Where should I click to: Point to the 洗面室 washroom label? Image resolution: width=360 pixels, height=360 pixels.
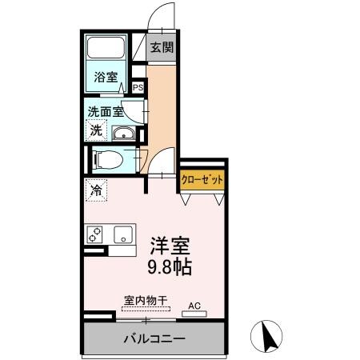tap(106, 112)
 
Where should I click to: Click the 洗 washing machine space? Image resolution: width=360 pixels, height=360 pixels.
tap(96, 130)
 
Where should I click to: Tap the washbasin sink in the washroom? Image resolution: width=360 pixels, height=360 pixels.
tap(122, 132)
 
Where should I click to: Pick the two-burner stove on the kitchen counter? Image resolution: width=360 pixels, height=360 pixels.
tap(96, 234)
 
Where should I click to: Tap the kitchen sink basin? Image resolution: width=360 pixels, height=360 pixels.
tap(122, 234)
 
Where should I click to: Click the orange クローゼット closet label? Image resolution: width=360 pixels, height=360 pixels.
tap(200, 180)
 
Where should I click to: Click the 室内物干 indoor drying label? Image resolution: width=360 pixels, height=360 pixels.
tap(145, 301)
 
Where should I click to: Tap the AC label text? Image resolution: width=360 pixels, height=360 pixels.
tap(194, 305)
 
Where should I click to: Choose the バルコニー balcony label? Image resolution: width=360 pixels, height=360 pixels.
tap(154, 338)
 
